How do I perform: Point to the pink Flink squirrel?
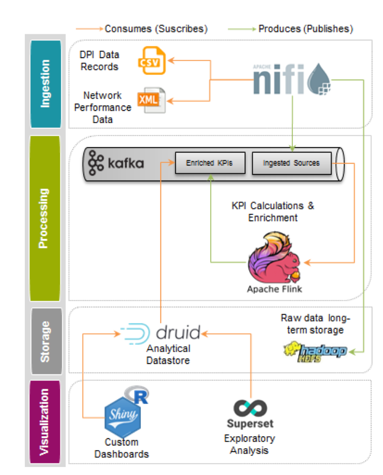coord(274,257)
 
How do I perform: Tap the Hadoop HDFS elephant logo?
coord(315,350)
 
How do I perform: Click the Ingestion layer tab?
coord(46,83)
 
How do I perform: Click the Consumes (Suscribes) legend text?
coord(156,29)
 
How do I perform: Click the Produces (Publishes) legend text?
coord(306,29)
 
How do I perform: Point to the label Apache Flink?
coord(275,289)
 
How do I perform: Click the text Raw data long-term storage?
coord(315,324)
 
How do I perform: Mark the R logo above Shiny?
coord(138,395)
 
